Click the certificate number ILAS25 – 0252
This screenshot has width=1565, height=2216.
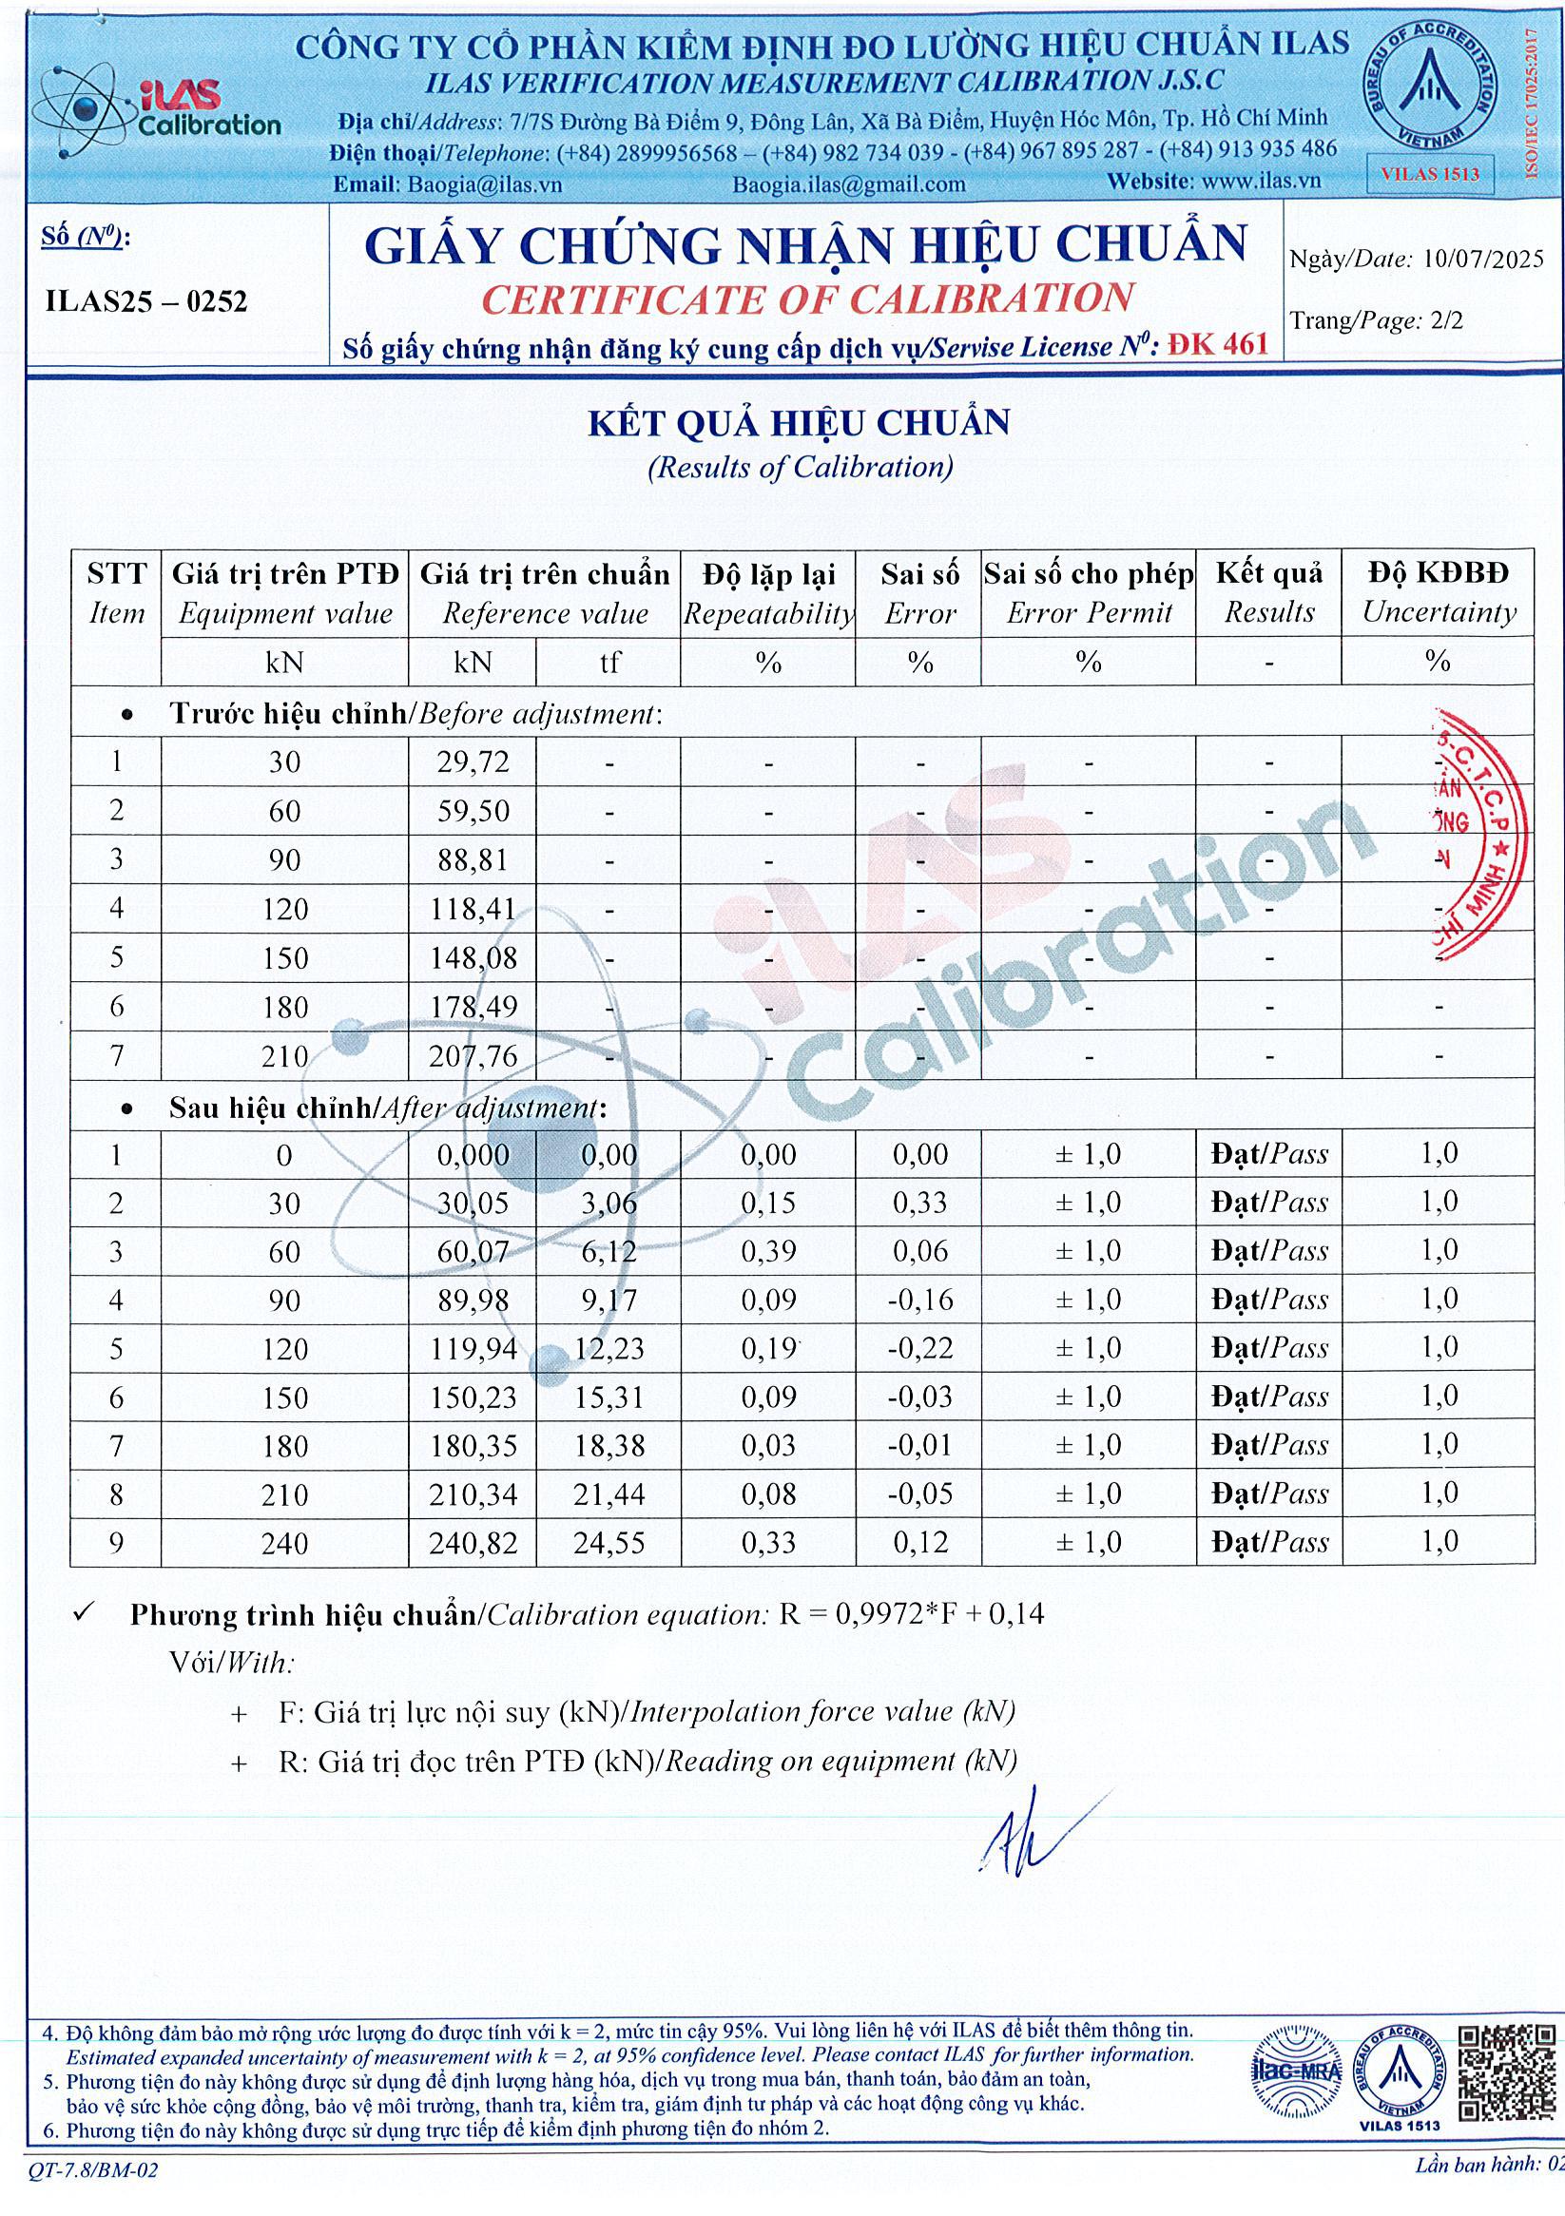tap(146, 301)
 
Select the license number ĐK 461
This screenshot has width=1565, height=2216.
tap(1216, 344)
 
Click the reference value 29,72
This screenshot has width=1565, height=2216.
tap(473, 762)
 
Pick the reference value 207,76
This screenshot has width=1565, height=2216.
tap(473, 1056)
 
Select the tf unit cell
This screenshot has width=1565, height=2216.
tap(609, 662)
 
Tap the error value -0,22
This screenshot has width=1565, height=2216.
tap(919, 1348)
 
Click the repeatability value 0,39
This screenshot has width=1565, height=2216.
tap(768, 1251)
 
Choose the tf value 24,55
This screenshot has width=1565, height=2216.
tap(609, 1542)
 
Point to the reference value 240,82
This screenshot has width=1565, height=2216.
tap(473, 1542)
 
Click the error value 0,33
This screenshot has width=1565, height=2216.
tap(919, 1203)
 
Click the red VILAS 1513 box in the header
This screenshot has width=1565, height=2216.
tap(1430, 175)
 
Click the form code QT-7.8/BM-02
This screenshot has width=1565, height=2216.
tap(92, 2198)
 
